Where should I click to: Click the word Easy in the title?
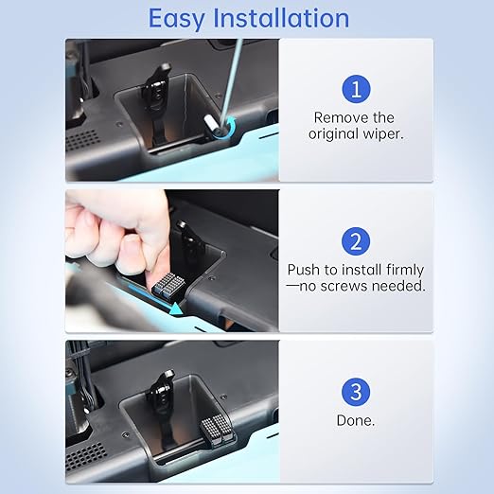pos(176,19)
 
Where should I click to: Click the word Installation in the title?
pos(281,18)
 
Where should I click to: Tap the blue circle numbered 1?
pos(356,89)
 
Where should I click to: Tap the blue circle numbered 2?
pos(356,241)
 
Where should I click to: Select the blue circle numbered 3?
pos(356,392)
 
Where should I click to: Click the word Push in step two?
pos(304,270)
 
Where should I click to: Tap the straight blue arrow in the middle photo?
pos(155,299)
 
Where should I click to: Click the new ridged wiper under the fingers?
pos(168,286)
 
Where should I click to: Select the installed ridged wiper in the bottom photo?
pos(217,430)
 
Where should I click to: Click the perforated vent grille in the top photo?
pos(81,140)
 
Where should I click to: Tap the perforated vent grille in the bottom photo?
pos(85,456)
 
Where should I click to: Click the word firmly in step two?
pos(405,270)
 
